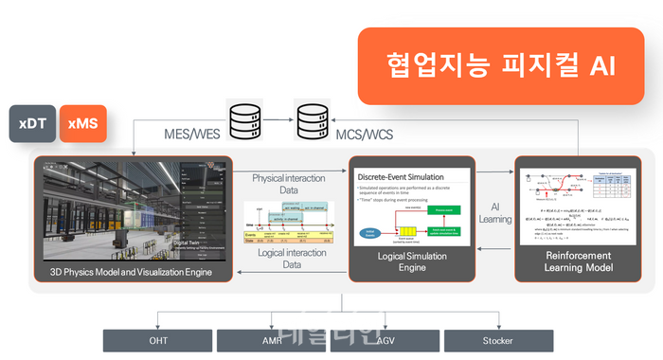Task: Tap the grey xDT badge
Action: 32,124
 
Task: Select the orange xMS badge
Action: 82,124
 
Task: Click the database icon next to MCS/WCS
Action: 315,120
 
